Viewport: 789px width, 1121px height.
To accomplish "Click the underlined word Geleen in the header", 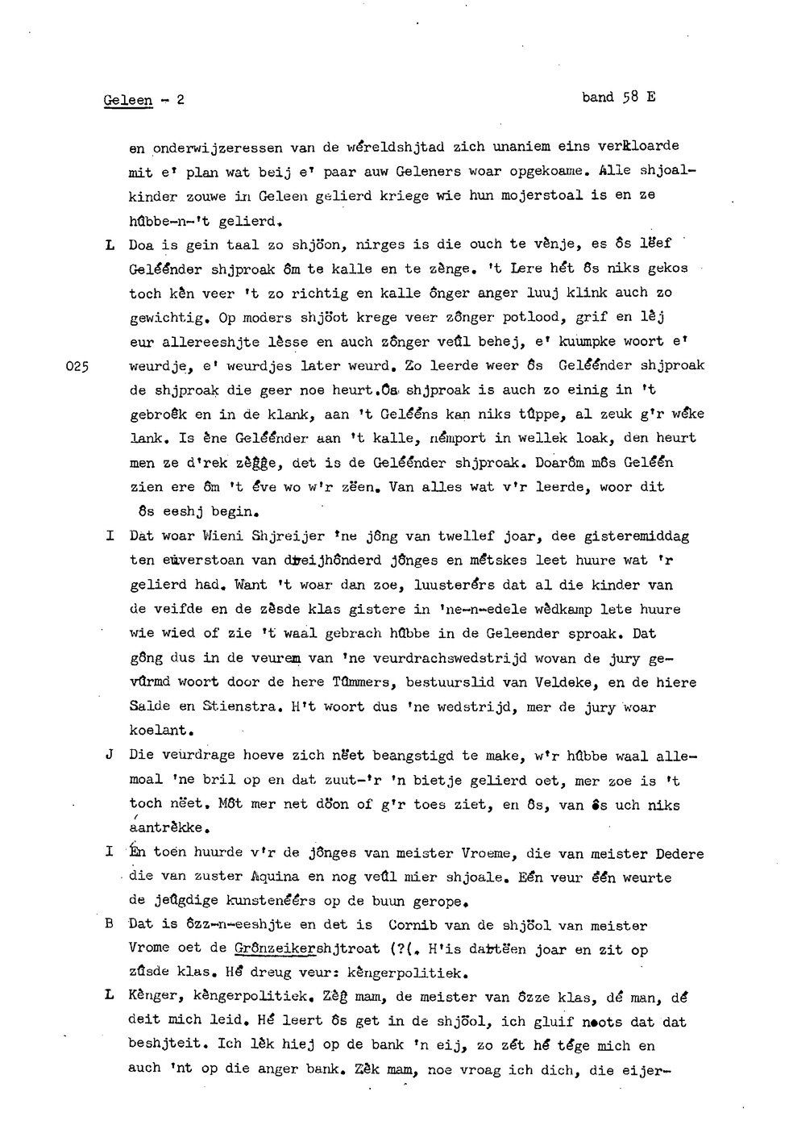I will pos(128,101).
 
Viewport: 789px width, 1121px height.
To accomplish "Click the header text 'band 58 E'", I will pos(618,98).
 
